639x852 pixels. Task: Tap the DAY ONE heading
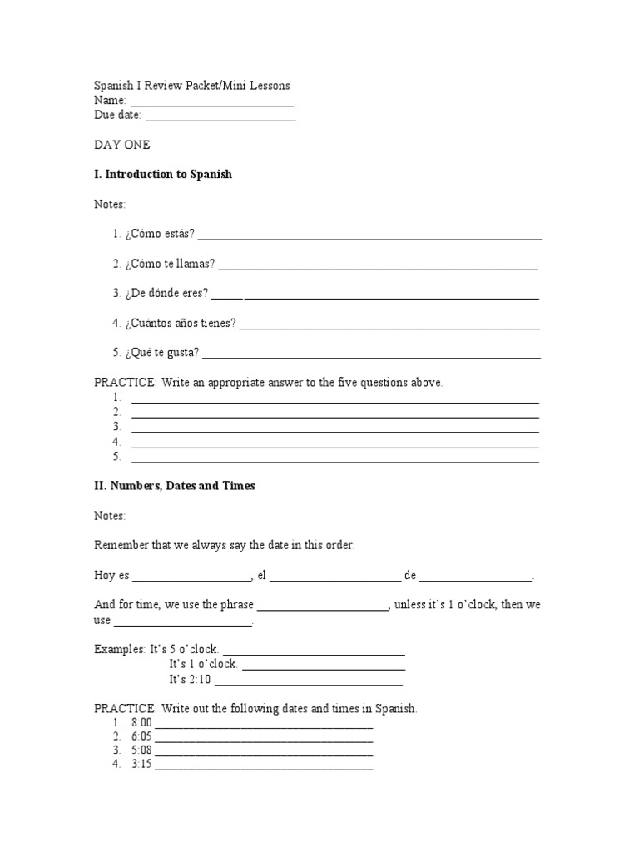coord(122,145)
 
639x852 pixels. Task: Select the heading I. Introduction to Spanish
coord(164,175)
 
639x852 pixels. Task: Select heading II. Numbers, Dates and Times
coord(175,486)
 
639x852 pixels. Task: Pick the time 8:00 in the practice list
coord(141,725)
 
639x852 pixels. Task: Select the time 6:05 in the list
coord(141,737)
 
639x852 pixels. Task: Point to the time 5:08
coord(141,750)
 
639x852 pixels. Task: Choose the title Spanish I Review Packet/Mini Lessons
coord(192,86)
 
